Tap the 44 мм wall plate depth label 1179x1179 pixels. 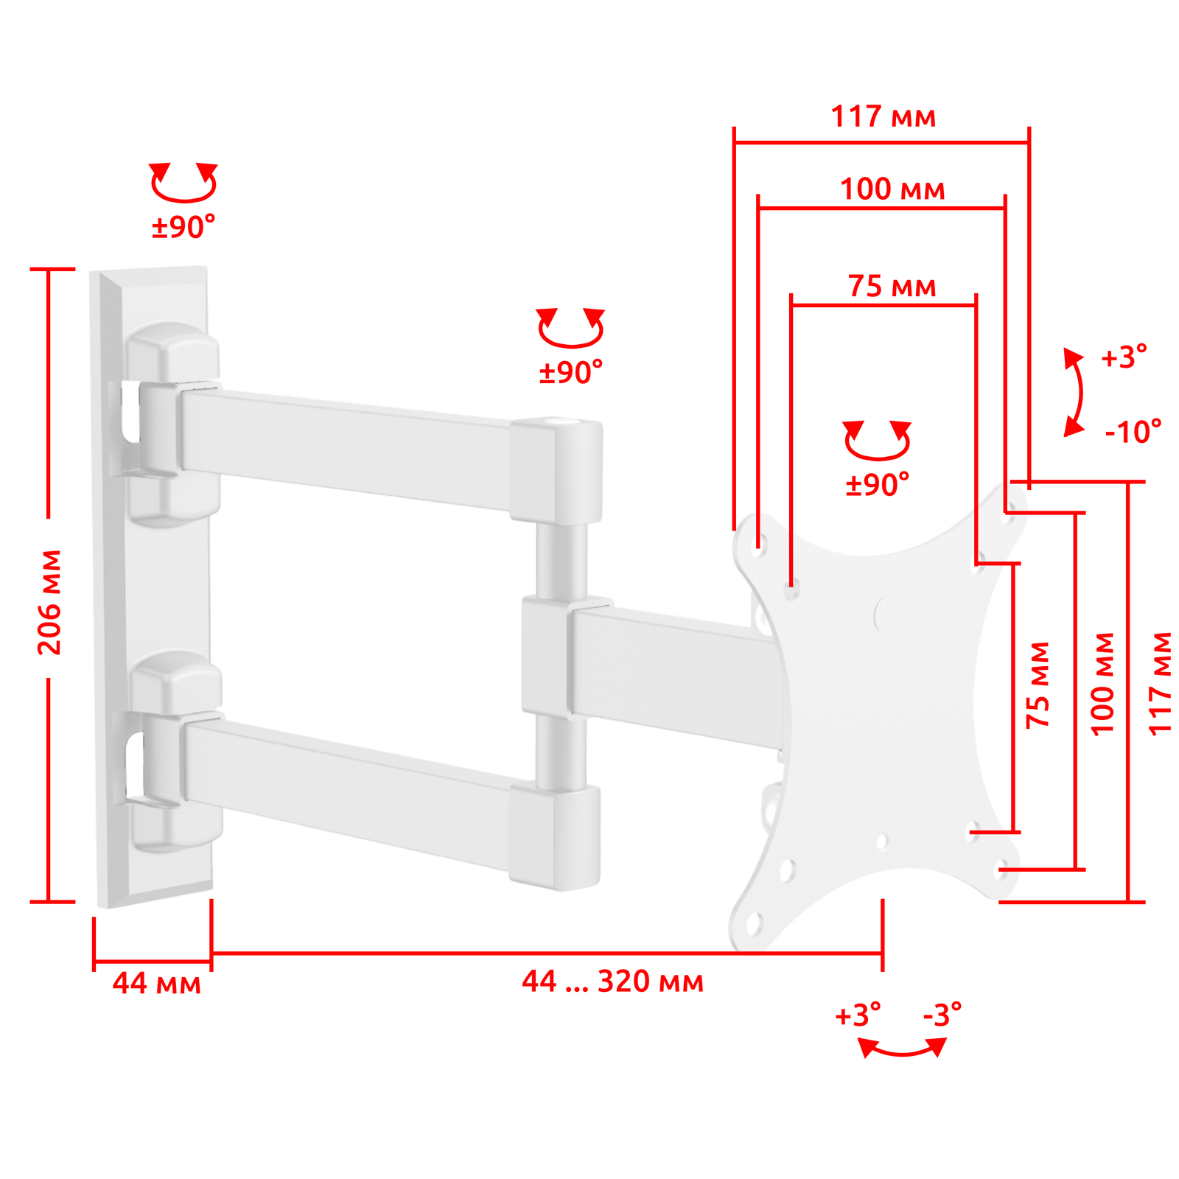coord(156,983)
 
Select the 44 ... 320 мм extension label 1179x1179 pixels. coord(612,982)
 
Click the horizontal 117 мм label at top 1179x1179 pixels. coord(883,116)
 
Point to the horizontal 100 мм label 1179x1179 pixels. coord(892,189)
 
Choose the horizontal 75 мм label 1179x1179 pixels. coord(892,286)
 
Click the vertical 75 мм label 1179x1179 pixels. coord(1038,685)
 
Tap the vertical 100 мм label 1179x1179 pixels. coord(1102,683)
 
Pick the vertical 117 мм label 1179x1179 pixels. coord(1160,683)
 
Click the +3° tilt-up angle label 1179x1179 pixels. coord(1124,357)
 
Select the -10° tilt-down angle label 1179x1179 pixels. coord(1133,432)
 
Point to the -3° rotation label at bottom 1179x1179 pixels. coord(942,1015)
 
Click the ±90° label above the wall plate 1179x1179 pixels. coord(183,227)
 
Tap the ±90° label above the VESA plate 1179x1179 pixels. coord(877,484)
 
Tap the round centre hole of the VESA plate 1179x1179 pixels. coord(886,613)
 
